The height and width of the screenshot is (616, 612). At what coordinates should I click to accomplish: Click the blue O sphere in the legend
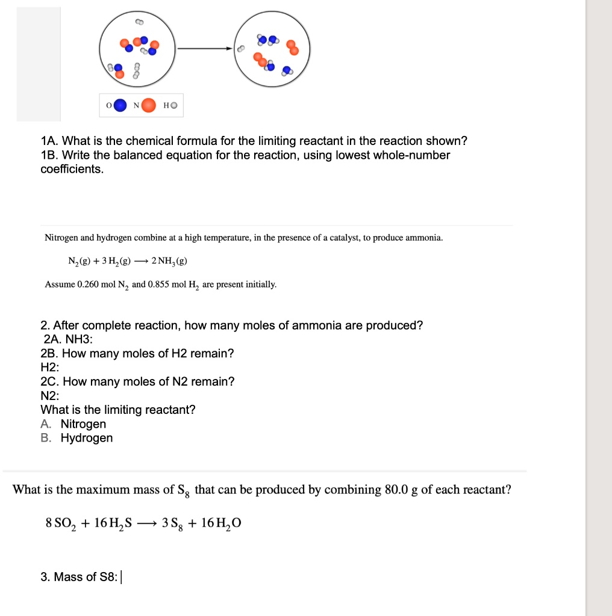(120, 106)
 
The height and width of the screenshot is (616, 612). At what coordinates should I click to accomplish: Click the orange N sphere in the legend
(149, 106)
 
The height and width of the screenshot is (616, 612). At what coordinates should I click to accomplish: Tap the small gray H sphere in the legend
(174, 106)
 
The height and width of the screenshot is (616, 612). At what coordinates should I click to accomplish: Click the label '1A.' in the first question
(50, 141)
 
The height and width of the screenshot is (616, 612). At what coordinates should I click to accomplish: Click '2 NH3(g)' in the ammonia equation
(169, 261)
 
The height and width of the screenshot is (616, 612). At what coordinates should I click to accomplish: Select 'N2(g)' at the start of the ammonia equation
(80, 261)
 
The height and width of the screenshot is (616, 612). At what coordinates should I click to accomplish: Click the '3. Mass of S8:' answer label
(79, 577)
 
